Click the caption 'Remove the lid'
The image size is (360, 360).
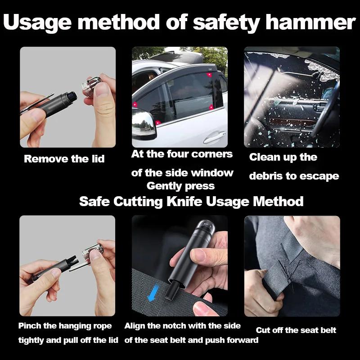pos(64,159)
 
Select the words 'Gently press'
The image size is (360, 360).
pos(180,186)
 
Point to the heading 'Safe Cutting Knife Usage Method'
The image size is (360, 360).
pos(191,201)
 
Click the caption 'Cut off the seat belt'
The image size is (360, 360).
pos(296,330)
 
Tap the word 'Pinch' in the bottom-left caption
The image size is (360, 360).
pos(30,326)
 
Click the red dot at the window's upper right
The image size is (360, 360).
pos(210,76)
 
